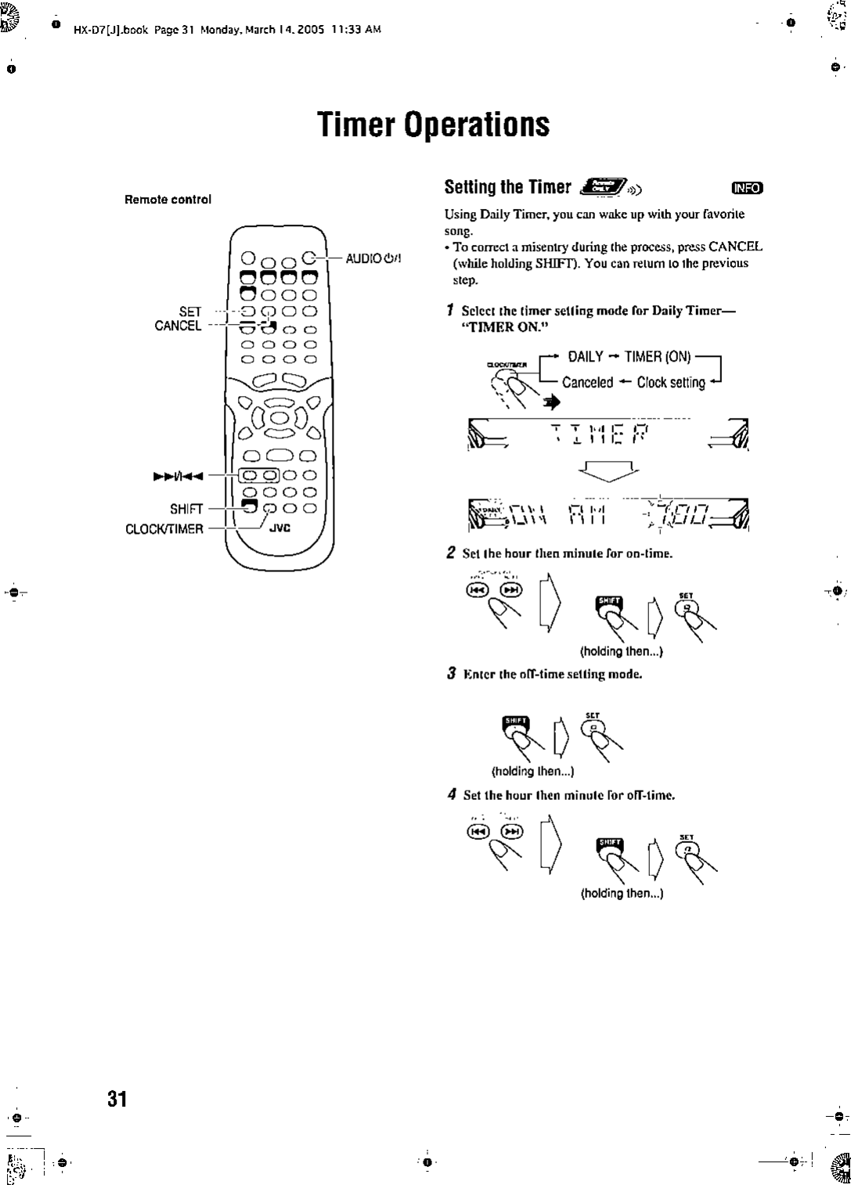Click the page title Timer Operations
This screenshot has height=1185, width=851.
pyautogui.click(x=433, y=124)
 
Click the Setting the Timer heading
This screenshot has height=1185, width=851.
pyautogui.click(x=507, y=187)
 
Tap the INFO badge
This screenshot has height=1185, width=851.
pyautogui.click(x=746, y=187)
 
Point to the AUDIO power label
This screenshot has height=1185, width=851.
pyautogui.click(x=373, y=259)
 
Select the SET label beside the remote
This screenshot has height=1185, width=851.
pyautogui.click(x=190, y=312)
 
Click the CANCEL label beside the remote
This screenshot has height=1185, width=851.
pyautogui.click(x=178, y=326)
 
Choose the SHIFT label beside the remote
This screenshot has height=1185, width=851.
pyautogui.click(x=186, y=509)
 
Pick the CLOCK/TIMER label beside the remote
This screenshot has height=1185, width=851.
pyautogui.click(x=164, y=528)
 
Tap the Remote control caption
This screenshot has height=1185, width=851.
pyautogui.click(x=168, y=200)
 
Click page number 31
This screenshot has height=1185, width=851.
pyautogui.click(x=117, y=1099)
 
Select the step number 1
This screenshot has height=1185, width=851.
pyautogui.click(x=449, y=311)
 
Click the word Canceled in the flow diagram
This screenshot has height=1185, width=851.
pyautogui.click(x=587, y=383)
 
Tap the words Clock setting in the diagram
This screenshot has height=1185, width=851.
pyautogui.click(x=671, y=383)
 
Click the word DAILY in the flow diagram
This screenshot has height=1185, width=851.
pyautogui.click(x=586, y=357)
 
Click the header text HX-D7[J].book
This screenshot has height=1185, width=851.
pyautogui.click(x=110, y=30)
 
